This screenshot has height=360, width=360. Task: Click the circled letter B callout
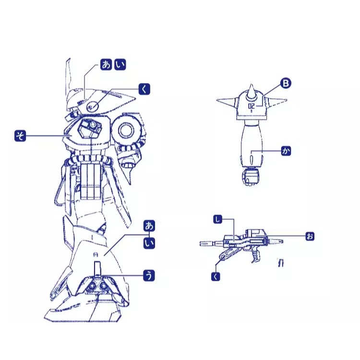286,83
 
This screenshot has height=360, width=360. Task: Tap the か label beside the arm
286,151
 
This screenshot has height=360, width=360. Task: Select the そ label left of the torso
20,136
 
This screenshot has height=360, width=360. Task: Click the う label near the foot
149,276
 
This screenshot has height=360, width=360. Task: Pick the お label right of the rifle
310,236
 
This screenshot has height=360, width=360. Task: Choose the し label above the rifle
217,219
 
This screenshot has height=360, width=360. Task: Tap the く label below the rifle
216,276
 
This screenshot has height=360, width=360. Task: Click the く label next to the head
144,89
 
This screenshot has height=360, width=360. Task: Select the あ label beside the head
106,64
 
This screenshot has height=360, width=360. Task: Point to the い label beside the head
120,64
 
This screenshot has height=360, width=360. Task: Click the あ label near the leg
149,226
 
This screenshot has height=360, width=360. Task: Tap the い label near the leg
149,243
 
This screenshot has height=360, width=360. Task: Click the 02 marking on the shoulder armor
252,106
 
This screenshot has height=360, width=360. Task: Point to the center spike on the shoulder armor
251,92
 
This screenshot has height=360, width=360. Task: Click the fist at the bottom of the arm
251,176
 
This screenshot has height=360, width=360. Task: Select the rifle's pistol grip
256,255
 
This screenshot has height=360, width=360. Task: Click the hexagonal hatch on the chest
90,128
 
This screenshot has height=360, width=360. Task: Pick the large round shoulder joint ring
126,130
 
